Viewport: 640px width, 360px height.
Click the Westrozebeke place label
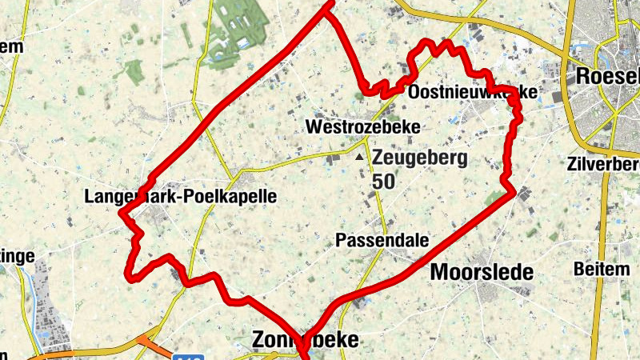[x=362, y=127]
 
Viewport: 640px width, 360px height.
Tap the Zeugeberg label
[x=419, y=158]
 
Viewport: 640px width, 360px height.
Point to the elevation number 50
[x=383, y=182]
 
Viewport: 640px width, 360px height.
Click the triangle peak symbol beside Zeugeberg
[x=359, y=157]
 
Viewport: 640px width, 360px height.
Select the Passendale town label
[x=382, y=240]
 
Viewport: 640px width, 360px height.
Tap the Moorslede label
[x=482, y=272]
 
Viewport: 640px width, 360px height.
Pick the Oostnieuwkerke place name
[x=472, y=94]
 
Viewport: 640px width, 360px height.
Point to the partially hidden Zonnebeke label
[x=305, y=340]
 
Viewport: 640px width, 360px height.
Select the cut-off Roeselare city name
[x=609, y=77]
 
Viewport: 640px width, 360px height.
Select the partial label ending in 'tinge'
[x=18, y=256]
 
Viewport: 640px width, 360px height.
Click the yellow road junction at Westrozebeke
[x=365, y=143]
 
